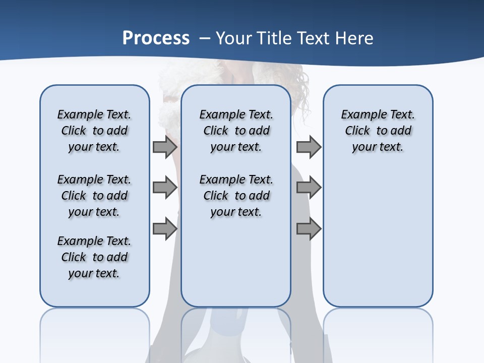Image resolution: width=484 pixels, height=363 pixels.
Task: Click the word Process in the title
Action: tap(156, 38)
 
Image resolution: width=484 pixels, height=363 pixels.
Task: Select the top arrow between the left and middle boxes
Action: tap(165, 147)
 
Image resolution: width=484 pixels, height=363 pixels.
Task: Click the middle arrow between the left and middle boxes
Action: tap(165, 188)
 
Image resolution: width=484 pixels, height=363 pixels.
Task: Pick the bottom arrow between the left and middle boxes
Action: tap(165, 229)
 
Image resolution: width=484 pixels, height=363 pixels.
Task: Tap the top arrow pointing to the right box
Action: tap(309, 147)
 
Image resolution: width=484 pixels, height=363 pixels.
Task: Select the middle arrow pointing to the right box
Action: tap(309, 188)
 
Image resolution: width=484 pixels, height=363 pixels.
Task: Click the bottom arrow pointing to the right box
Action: tap(309, 229)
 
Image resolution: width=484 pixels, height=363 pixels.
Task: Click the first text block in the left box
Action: tap(94, 131)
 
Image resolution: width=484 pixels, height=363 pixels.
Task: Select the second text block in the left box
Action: tap(94, 196)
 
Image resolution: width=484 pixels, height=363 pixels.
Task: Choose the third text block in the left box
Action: tap(94, 257)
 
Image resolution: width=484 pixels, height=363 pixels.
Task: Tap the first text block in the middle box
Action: tap(236, 131)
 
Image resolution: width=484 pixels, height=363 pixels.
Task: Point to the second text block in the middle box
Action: tap(236, 196)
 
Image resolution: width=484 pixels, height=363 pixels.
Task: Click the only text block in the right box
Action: tap(378, 131)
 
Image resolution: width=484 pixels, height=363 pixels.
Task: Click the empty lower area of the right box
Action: tap(378, 237)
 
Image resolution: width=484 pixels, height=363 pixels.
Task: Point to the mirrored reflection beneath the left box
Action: tap(95, 333)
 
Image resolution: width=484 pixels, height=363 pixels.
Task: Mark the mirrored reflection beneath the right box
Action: tap(378, 333)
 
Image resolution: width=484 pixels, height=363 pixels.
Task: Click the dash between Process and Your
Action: tap(205, 38)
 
